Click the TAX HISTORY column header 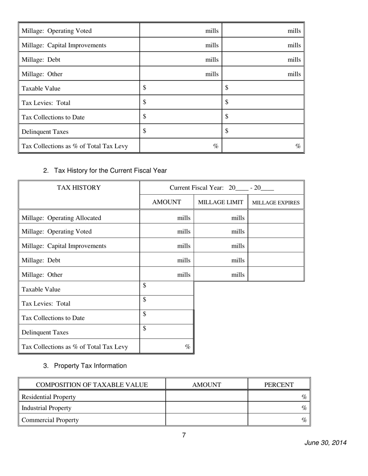click(79, 188)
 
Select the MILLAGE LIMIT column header click(221, 202)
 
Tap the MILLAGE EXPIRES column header click(276, 202)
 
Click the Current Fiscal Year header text click(222, 188)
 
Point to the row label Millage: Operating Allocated click(62, 217)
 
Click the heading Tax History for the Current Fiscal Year click(110, 170)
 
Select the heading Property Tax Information click(90, 366)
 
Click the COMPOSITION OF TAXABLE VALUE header click(92, 385)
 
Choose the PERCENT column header click(279, 385)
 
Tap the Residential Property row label click(49, 397)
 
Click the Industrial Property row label click(46, 408)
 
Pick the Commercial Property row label click(50, 420)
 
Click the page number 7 click(184, 435)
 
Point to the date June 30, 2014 click(325, 443)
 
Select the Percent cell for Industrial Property click(279, 408)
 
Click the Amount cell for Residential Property click(206, 397)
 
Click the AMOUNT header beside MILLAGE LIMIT click(167, 202)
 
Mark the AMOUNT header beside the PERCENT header click(206, 385)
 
